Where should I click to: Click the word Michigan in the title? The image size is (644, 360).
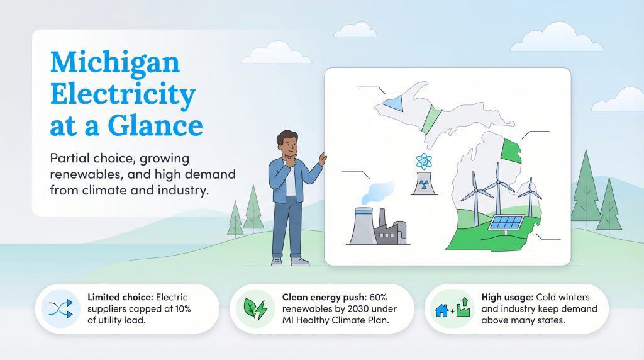click(x=114, y=63)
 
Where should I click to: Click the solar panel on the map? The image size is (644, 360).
click(x=507, y=222)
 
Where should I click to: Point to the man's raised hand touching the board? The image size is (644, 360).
click(x=322, y=159)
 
